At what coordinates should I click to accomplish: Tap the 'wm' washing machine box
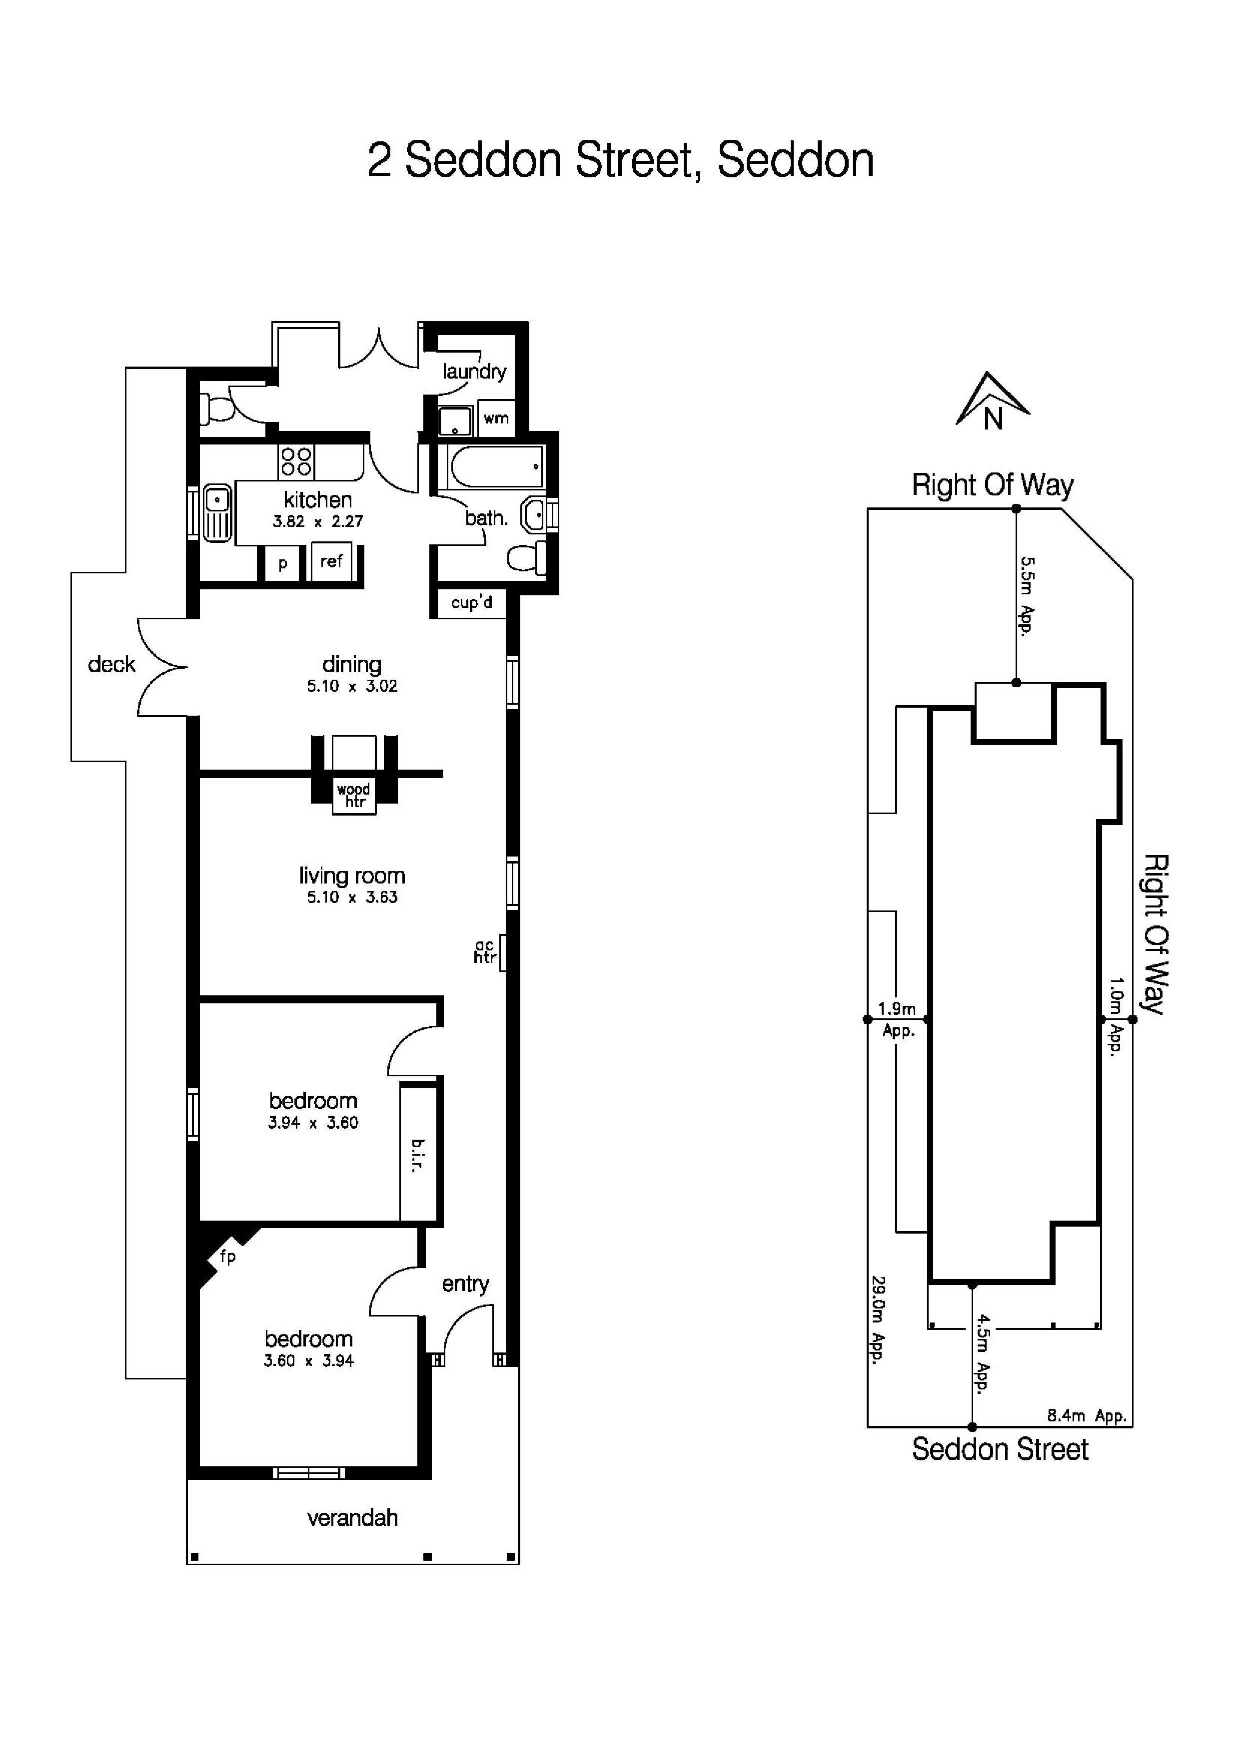click(x=496, y=418)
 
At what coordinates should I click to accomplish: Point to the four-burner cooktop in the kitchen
click(x=296, y=461)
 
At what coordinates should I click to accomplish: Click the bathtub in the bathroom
click(x=496, y=466)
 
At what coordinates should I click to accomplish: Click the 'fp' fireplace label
click(x=227, y=1256)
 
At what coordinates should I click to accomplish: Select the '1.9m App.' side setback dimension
click(x=897, y=1019)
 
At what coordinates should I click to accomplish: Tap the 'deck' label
click(x=111, y=665)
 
